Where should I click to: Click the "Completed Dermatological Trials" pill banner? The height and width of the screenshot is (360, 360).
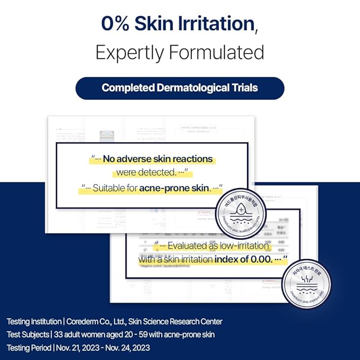tap(180, 87)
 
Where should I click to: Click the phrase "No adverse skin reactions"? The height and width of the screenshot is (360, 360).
tap(157, 159)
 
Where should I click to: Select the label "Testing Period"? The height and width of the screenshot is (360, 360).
tap(28, 348)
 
